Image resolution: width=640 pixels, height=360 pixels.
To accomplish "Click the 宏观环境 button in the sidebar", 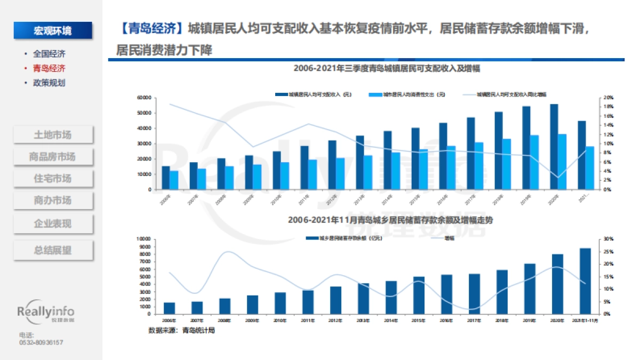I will tap(53, 30).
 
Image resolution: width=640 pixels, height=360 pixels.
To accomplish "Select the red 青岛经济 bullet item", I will tap(49, 68).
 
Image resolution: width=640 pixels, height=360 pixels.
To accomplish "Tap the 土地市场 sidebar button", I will tap(53, 134).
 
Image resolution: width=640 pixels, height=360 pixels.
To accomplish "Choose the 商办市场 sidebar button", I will tap(53, 201).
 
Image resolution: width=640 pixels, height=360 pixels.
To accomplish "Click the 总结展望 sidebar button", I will tap(53, 250).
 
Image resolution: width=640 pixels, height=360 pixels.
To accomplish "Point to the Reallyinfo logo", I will tap(46, 313).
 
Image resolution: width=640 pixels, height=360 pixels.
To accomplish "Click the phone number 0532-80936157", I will tap(41, 342).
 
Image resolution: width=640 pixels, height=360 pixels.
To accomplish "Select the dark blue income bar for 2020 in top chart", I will tap(554, 147).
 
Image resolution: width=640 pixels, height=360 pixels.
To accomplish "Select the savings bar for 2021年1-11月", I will tap(585, 281).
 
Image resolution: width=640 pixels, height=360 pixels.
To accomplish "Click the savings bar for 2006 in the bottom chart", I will tap(169, 308).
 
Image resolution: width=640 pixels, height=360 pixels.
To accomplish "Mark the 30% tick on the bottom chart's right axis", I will tap(608, 239).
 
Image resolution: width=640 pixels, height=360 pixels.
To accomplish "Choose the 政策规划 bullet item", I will tap(49, 83).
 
